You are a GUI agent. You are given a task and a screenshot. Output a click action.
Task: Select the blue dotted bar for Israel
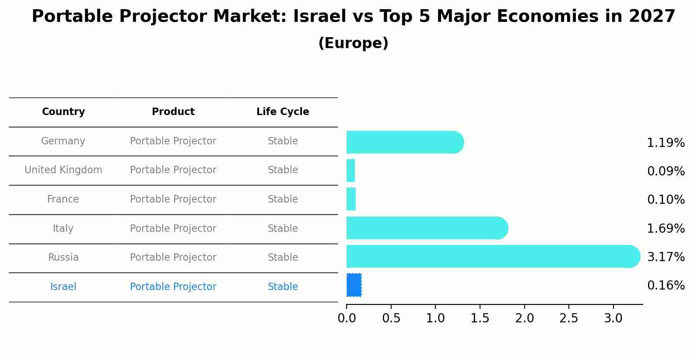pyautogui.click(x=354, y=285)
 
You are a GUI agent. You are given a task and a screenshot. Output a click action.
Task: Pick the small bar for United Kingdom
pyautogui.click(x=351, y=171)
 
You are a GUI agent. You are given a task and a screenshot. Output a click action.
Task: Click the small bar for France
pyautogui.click(x=351, y=199)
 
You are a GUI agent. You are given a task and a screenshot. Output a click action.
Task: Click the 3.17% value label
pyautogui.click(x=666, y=257)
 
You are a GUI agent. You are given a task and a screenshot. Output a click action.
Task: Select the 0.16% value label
pyautogui.click(x=666, y=286)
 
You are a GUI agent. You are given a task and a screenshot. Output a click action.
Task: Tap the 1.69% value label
pyautogui.click(x=666, y=228)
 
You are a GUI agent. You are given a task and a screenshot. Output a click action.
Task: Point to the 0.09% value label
pyautogui.click(x=666, y=171)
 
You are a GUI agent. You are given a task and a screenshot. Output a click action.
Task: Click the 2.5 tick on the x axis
pyautogui.click(x=568, y=318)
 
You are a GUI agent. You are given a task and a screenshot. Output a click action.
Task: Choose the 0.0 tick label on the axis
pyautogui.click(x=347, y=318)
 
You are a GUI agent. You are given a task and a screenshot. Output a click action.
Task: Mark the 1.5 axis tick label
pyautogui.click(x=480, y=318)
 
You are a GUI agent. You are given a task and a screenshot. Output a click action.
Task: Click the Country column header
pyautogui.click(x=63, y=112)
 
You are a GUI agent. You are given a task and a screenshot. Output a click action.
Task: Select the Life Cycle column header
pyautogui.click(x=283, y=112)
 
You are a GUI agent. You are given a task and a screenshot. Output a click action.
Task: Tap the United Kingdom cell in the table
pyautogui.click(x=63, y=170)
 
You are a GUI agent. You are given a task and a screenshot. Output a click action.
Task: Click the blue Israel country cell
pyautogui.click(x=63, y=287)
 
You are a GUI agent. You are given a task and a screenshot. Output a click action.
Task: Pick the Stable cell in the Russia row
pyautogui.click(x=283, y=258)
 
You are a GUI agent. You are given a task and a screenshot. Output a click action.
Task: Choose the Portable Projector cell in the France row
pyautogui.click(x=173, y=199)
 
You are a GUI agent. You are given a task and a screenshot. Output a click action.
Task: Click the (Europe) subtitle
pyautogui.click(x=353, y=43)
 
